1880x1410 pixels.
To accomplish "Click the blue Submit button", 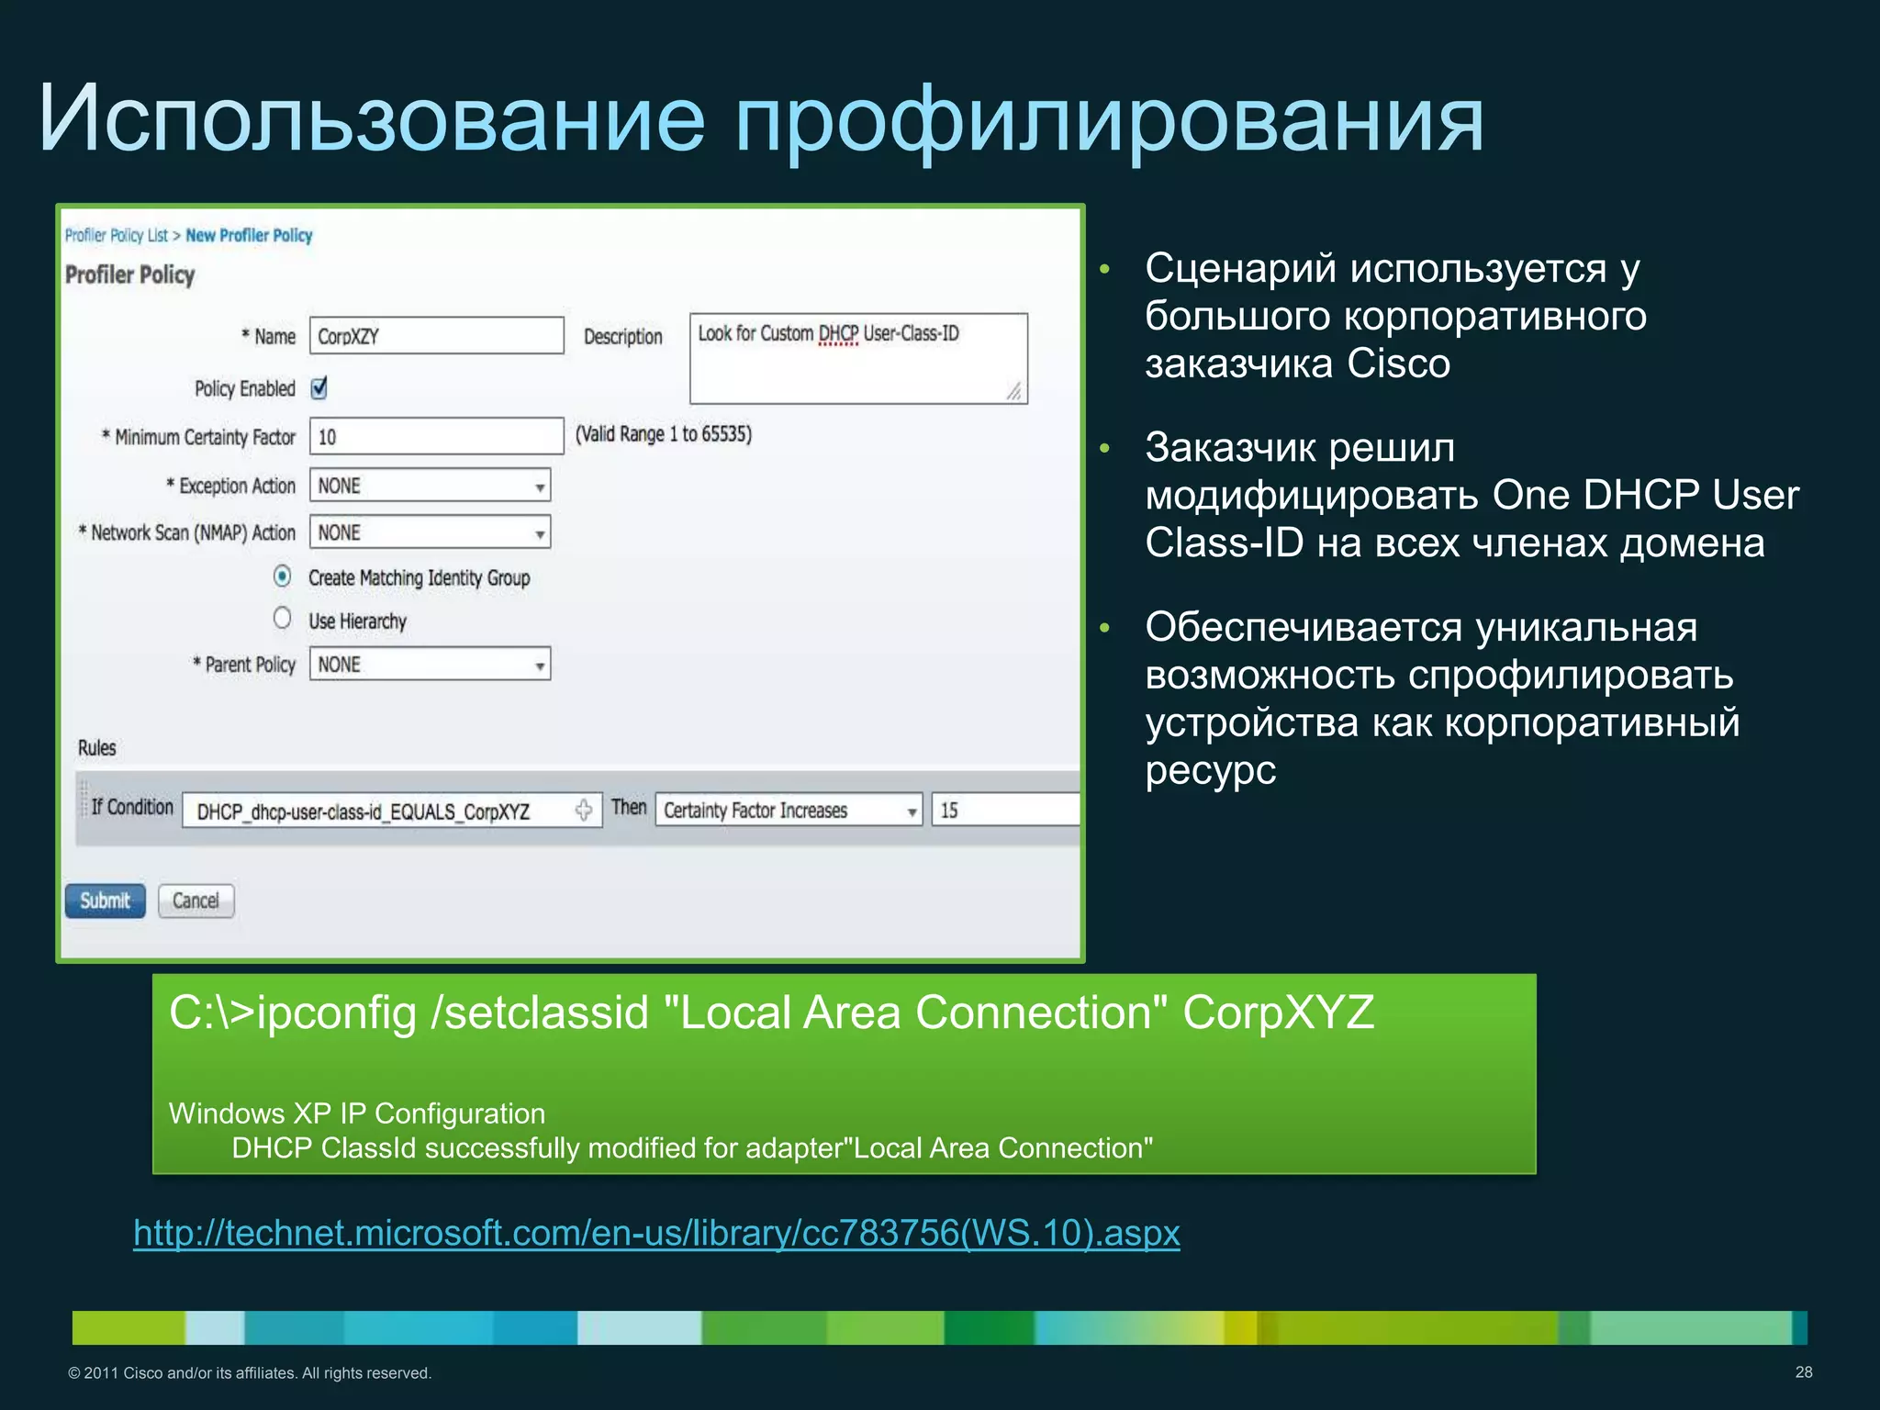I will [x=105, y=901].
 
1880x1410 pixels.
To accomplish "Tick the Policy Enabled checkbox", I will [x=319, y=388].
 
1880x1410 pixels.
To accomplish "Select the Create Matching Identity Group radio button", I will [x=283, y=576].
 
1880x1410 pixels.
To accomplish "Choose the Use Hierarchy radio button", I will [x=283, y=619].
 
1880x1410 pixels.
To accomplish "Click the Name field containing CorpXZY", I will [x=436, y=336].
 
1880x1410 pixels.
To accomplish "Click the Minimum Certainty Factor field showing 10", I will [x=436, y=436].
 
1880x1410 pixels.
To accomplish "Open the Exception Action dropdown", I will [x=430, y=486].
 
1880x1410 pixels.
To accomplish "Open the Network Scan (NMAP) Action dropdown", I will [x=430, y=532].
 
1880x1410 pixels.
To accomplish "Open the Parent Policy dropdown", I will [x=430, y=664].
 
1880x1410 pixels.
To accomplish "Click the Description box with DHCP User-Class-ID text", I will [x=857, y=358].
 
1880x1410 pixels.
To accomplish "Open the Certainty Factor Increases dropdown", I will [x=788, y=811].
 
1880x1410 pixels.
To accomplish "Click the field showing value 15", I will [x=1004, y=811].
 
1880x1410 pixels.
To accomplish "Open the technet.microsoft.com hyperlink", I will [x=656, y=1233].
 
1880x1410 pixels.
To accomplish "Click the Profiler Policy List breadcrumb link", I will [x=117, y=236].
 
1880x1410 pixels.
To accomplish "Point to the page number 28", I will [x=1803, y=1372].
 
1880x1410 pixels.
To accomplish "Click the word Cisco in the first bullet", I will [x=1398, y=364].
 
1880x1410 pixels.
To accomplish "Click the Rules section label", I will [x=97, y=748].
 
